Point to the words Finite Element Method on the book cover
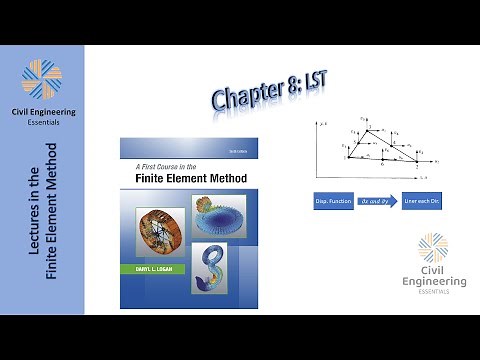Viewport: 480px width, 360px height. click(x=181, y=181)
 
